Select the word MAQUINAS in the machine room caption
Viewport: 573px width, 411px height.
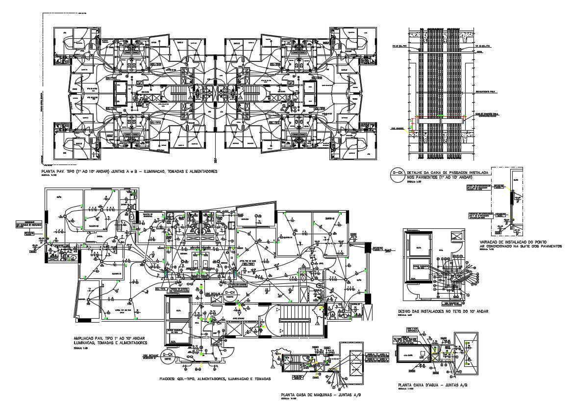pos(324,395)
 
